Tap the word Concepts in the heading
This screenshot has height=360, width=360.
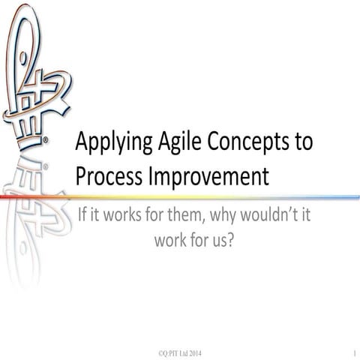point(244,142)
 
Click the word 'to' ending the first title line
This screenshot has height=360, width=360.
point(302,142)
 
